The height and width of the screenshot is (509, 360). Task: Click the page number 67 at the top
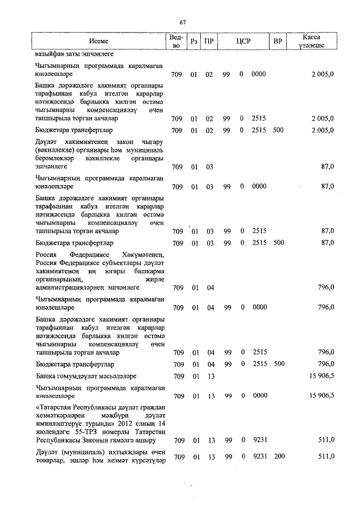coord(183,22)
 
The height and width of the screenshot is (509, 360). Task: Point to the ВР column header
coord(277,42)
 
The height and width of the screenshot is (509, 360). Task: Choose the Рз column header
coord(194,42)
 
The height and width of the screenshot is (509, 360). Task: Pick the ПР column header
coord(209,42)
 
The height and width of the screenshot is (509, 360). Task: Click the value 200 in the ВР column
coord(280,457)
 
